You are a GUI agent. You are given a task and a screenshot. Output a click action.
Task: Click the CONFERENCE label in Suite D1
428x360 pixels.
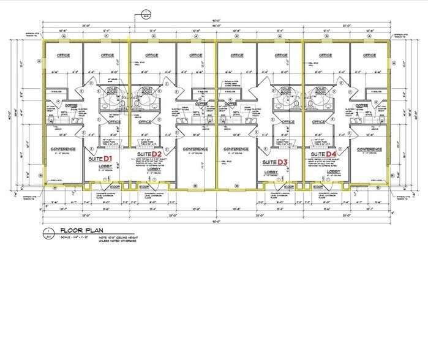click(62, 149)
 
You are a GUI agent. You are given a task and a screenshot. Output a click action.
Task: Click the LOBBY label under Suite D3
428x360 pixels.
click(271, 172)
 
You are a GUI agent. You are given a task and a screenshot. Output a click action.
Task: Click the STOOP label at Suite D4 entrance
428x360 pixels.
click(317, 187)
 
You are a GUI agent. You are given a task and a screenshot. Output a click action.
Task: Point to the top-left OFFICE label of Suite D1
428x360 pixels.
click(62, 54)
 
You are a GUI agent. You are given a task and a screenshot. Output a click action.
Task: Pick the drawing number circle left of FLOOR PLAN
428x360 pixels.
click(48, 233)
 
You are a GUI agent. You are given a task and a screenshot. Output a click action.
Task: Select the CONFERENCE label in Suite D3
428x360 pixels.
click(236, 149)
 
